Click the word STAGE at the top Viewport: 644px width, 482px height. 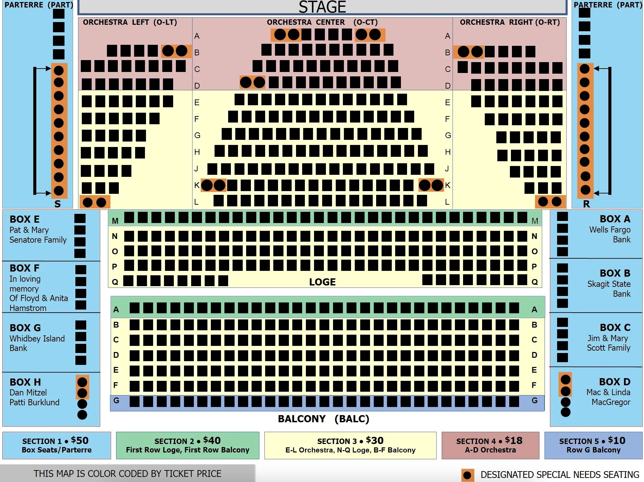tap(322, 7)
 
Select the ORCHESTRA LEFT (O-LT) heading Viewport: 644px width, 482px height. tap(130, 22)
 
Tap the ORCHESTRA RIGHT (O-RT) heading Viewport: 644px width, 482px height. tap(510, 22)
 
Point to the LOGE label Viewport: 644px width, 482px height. tap(322, 282)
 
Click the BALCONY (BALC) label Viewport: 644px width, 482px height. tap(323, 419)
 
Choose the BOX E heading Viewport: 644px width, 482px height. tap(24, 219)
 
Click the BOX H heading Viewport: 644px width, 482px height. tap(25, 382)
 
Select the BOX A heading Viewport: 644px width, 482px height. tap(615, 219)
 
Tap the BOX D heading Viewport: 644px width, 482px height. tap(614, 382)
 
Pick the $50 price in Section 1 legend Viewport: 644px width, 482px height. tap(80, 441)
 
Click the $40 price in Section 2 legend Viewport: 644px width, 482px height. tap(212, 441)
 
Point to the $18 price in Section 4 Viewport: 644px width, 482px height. tap(514, 441)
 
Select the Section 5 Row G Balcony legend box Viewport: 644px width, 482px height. tap(593, 445)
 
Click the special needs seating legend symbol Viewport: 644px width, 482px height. tap(467, 475)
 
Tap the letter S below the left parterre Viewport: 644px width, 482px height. tap(58, 204)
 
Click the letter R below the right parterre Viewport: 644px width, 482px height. tap(586, 204)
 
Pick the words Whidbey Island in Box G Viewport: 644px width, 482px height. tap(37, 338)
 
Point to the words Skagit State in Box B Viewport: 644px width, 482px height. tap(609, 284)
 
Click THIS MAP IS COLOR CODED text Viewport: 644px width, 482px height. tap(127, 474)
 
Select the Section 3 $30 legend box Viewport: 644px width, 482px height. tap(350, 445)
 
